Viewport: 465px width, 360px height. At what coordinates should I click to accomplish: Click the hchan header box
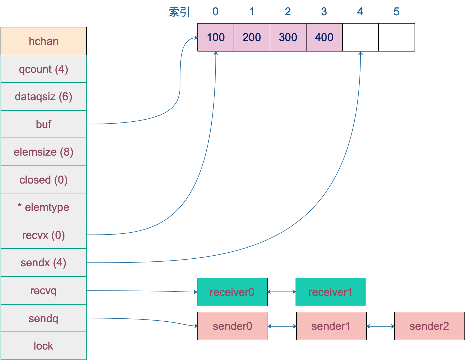tap(44, 41)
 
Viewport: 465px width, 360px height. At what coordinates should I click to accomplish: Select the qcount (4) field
tap(44, 69)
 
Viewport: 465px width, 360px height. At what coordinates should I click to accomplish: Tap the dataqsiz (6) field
tap(44, 96)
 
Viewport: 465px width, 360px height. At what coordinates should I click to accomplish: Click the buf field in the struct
tap(44, 124)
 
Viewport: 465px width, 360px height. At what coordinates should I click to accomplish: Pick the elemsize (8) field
tap(44, 152)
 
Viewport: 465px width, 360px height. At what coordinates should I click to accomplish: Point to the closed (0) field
tap(44, 180)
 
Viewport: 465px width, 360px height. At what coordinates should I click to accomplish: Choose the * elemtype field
tap(44, 207)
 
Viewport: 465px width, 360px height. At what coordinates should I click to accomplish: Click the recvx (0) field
tap(44, 235)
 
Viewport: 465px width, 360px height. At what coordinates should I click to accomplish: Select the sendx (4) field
tap(44, 262)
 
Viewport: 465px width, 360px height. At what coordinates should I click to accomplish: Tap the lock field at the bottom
tap(44, 346)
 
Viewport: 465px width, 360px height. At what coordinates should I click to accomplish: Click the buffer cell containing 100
tap(216, 37)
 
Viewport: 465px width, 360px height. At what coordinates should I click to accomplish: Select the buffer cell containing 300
tap(288, 37)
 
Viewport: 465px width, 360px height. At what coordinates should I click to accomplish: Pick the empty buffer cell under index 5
tap(396, 37)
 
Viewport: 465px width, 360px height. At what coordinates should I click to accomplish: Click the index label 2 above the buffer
tap(288, 12)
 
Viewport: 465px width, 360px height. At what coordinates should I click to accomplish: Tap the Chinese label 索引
tap(179, 12)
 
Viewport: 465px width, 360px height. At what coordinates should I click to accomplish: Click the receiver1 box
tap(331, 292)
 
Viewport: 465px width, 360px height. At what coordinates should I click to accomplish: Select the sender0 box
tap(232, 326)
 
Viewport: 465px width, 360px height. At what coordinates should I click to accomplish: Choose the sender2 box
tap(429, 326)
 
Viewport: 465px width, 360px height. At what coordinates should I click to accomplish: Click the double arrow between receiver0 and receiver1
tap(282, 292)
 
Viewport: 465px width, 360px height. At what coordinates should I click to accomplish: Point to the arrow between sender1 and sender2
tap(381, 326)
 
